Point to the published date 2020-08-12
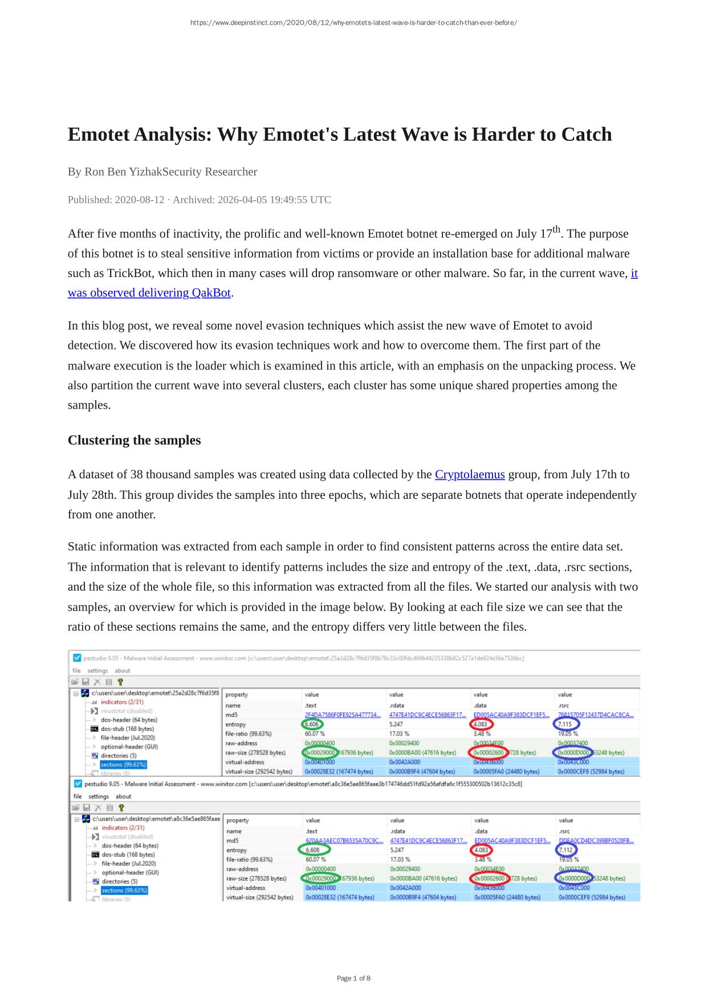[x=139, y=200]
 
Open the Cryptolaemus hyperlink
[x=470, y=474]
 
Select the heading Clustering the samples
[x=134, y=440]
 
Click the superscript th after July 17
[x=557, y=230]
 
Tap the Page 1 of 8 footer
[x=353, y=978]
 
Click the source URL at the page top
[x=353, y=23]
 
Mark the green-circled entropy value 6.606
[x=312, y=724]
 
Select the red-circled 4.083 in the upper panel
[x=481, y=724]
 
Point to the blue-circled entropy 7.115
[x=565, y=724]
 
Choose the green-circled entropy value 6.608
[x=313, y=850]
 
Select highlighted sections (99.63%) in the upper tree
[x=124, y=764]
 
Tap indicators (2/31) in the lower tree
[x=123, y=828]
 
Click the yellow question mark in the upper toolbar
[x=120, y=682]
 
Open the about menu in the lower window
[x=123, y=796]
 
